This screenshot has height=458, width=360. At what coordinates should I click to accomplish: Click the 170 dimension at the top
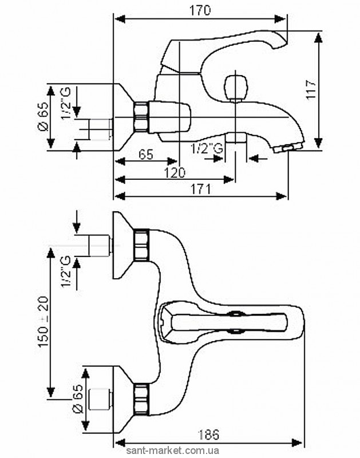201,10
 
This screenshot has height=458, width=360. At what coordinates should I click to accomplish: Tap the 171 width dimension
201,188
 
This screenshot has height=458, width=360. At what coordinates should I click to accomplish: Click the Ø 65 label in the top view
41,118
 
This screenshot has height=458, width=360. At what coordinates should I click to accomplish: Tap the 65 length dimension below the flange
147,155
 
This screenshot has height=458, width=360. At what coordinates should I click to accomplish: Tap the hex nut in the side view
140,118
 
